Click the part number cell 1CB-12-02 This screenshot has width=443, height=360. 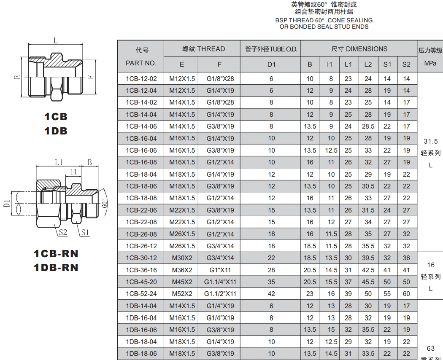click(141, 78)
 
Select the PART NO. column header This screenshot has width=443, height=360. click(141, 63)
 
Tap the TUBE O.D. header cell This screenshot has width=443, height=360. click(271, 49)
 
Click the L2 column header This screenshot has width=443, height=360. click(368, 64)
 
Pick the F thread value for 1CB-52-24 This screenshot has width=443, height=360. click(220, 294)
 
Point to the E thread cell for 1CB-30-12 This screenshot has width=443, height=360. click(182, 258)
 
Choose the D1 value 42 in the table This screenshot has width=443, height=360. click(271, 294)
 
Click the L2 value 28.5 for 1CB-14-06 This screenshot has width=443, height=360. click(368, 126)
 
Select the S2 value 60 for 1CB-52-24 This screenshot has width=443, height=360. click(406, 294)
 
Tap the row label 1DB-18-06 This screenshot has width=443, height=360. click(141, 354)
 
